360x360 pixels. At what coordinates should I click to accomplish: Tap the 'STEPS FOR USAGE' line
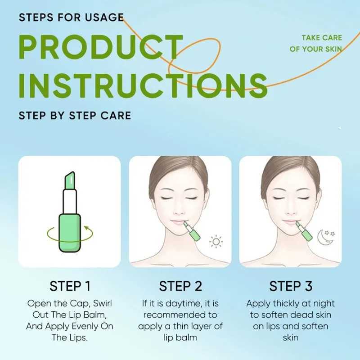pyautogui.click(x=71, y=18)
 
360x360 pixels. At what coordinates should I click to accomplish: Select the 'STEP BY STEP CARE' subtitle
pyautogui.click(x=75, y=115)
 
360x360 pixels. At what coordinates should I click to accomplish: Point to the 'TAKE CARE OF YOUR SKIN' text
pyautogui.click(x=315, y=43)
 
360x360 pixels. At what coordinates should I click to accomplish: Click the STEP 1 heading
pyautogui.click(x=70, y=286)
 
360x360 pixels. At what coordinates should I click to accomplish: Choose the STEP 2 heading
pyautogui.click(x=180, y=286)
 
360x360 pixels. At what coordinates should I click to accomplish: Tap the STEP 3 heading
pyautogui.click(x=290, y=286)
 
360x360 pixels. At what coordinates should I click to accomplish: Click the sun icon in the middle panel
pyautogui.click(x=216, y=242)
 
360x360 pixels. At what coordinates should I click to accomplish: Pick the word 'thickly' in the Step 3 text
pyautogui.click(x=288, y=303)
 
